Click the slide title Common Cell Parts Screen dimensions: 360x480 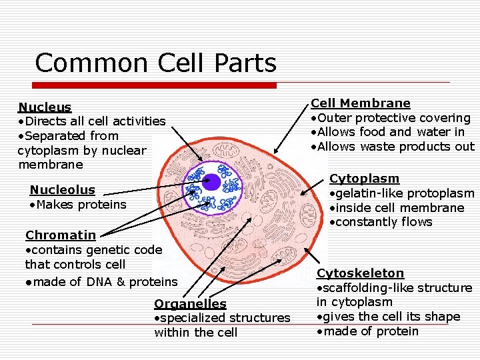pos(155,63)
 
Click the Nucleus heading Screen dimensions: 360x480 pos(45,107)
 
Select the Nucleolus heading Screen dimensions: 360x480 pos(62,190)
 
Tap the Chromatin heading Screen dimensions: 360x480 pos(60,235)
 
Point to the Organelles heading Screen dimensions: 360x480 pos(190,304)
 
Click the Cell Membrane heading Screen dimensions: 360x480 pos(361,103)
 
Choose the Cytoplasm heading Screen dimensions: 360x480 pos(364,179)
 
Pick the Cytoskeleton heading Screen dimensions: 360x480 pos(360,273)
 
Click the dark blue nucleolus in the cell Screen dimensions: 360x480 pos(213,181)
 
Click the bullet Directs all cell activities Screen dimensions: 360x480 pos(92,121)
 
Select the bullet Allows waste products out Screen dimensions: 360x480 pos(393,147)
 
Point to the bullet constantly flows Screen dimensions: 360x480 pos(381,222)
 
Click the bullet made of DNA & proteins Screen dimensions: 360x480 pos(101,282)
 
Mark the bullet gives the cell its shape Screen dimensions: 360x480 pos(389,317)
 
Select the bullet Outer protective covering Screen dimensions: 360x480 pos(391,118)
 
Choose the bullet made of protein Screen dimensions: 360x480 pos(368,331)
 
